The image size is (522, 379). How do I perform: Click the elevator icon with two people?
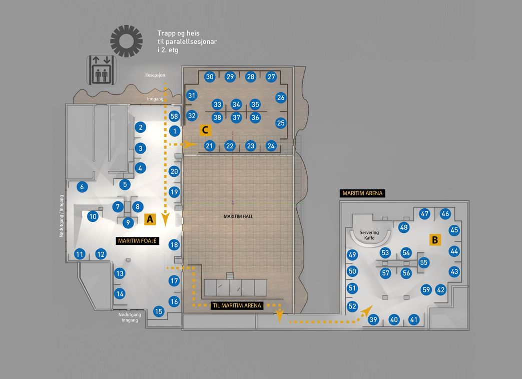point(102,70)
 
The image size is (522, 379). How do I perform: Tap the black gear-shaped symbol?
point(127,41)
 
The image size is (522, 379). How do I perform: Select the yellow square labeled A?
point(150,219)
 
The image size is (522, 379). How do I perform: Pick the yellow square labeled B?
point(435,240)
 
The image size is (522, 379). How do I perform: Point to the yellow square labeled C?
point(205,130)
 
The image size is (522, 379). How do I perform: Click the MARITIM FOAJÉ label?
point(137,241)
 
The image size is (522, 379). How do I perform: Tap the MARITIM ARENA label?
point(362,193)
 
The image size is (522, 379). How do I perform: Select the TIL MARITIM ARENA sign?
point(237,305)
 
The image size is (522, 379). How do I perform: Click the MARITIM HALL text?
point(238,216)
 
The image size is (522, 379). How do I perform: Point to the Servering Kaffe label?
point(369,235)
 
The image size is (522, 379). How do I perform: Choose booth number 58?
point(174,116)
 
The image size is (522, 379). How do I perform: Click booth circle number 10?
point(93,216)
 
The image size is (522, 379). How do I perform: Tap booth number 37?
point(236,117)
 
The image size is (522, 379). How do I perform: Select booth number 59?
point(426,290)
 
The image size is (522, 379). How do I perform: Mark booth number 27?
point(271,77)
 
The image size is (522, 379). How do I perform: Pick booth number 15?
point(159,311)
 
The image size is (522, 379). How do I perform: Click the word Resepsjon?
point(155,75)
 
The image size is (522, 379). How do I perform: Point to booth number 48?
point(404,227)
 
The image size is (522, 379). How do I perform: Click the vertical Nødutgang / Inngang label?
point(61,216)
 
